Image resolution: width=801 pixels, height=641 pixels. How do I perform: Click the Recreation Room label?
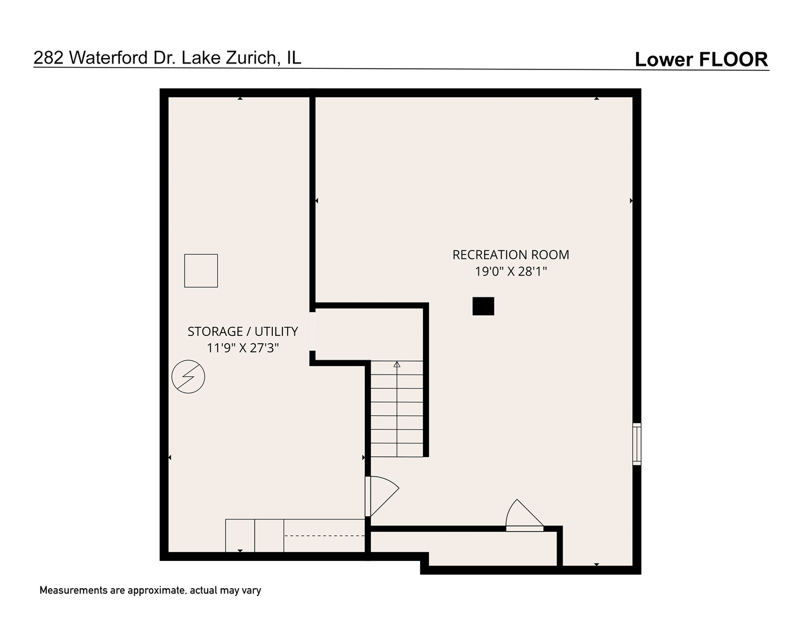point(510,255)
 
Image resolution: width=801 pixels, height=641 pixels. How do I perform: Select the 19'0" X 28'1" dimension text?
point(510,272)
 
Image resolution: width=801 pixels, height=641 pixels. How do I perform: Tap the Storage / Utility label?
point(243,331)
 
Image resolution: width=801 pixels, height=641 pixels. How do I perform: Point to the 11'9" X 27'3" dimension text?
point(243,348)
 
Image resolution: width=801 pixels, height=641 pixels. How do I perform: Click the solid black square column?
point(483,306)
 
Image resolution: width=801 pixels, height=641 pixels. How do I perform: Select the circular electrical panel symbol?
point(188,377)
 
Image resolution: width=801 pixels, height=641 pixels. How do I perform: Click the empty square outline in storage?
point(201,271)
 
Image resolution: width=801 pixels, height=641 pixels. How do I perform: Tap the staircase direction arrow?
point(397,364)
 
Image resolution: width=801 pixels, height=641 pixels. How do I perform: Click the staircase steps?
point(397,415)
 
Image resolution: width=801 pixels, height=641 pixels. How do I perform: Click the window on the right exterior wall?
point(637,443)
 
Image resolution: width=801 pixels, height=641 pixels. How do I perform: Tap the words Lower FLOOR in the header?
point(701,59)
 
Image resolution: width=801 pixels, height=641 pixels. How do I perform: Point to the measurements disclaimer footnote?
point(150,591)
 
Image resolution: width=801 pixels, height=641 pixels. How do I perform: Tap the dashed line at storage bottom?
point(324,536)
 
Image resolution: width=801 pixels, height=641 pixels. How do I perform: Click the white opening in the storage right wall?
point(312,331)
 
